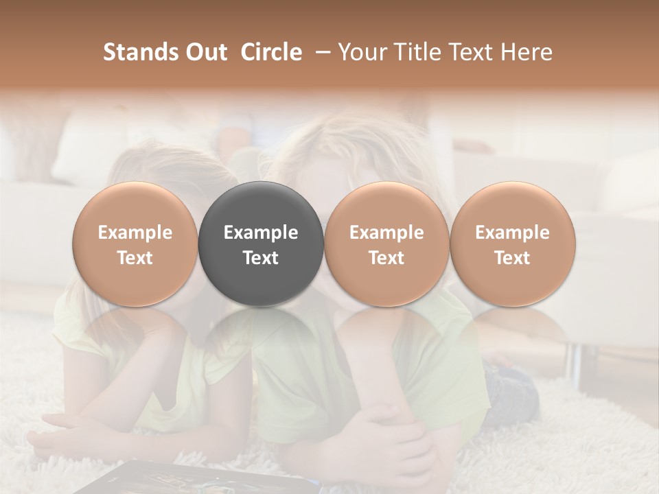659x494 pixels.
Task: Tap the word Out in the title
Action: click(205, 53)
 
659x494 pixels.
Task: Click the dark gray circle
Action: click(261, 244)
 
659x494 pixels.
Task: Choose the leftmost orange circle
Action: click(135, 244)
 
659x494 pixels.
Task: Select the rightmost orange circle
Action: click(513, 244)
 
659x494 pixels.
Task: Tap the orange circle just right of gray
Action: click(386, 244)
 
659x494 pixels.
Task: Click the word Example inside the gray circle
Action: click(261, 233)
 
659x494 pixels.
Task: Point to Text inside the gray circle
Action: click(261, 258)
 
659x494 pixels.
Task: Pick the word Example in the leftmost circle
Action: click(135, 233)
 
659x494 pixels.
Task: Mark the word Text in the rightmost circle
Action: click(513, 258)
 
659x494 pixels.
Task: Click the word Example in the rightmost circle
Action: click(513, 233)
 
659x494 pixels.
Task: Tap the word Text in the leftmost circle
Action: click(135, 258)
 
